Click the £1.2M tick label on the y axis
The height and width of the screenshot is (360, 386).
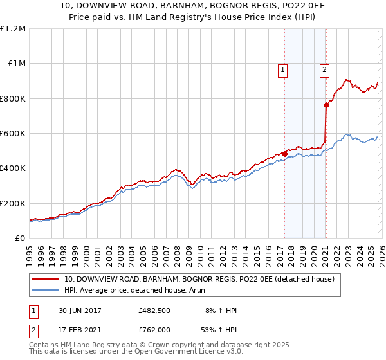point(13,28)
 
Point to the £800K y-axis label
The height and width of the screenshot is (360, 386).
point(13,98)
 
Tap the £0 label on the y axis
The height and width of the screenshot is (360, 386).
point(20,238)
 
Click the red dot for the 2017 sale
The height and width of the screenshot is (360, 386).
point(284,154)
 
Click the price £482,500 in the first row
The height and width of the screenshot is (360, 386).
point(155,310)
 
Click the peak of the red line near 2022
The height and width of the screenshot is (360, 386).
point(346,80)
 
